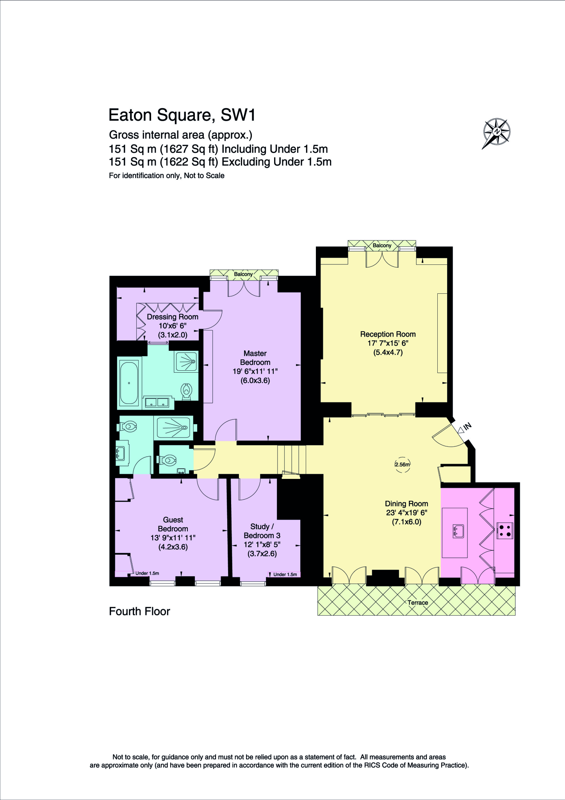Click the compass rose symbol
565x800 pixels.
(496, 132)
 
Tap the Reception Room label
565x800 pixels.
(388, 334)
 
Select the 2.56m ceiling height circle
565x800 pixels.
(402, 464)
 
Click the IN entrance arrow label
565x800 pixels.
(467, 426)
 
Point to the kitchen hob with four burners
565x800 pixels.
(504, 531)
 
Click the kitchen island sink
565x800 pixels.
(458, 531)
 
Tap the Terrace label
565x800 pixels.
(417, 602)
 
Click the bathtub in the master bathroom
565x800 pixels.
(129, 383)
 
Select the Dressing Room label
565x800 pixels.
(172, 317)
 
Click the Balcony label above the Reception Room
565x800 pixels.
(381, 245)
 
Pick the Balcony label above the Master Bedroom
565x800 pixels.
(243, 274)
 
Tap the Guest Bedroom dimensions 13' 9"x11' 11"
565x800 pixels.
(173, 538)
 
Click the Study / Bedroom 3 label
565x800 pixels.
(262, 531)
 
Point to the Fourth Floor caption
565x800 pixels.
(139, 611)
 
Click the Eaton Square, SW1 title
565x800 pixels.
(182, 115)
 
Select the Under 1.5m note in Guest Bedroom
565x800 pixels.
(147, 573)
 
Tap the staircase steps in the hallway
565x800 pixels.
(292, 459)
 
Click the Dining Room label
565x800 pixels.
(406, 504)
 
